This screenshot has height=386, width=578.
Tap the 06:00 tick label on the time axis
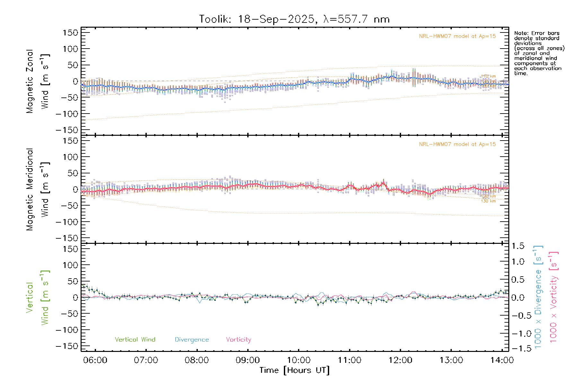[95, 360]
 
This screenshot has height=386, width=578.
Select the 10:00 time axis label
[299, 360]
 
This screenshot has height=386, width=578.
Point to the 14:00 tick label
[502, 360]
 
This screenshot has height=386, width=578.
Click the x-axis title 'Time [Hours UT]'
[294, 370]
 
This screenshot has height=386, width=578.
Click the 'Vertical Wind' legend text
[135, 339]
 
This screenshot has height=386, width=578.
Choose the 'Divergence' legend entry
[192, 340]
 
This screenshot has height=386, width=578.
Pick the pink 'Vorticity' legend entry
[238, 339]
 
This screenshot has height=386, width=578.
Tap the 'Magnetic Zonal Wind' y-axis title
[38, 81]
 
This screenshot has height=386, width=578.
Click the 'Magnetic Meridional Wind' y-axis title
[38, 189]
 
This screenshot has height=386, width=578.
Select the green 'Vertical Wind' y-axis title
[38, 298]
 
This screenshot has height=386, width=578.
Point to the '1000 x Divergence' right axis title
[538, 297]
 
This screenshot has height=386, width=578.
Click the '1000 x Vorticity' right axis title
[554, 297]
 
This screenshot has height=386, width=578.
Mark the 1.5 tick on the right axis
[518, 246]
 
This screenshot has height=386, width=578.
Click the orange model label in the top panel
[457, 36]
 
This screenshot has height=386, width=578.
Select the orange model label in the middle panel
[457, 144]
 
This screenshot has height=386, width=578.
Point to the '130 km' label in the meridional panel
[488, 201]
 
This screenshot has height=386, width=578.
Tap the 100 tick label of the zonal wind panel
[70, 49]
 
